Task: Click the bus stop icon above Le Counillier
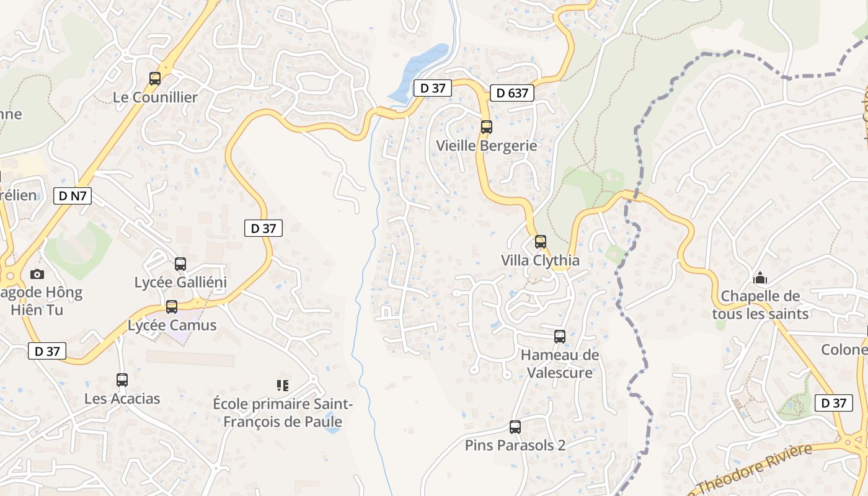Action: point(155,79)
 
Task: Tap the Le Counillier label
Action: point(155,97)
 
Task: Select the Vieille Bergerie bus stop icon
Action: point(487,127)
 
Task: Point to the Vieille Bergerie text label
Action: point(487,146)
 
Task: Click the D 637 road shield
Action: point(512,93)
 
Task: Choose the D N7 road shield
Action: point(73,197)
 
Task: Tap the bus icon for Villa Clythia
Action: point(541,242)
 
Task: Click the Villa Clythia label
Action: point(540,260)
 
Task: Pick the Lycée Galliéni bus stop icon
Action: point(180,263)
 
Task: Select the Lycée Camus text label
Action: point(172,325)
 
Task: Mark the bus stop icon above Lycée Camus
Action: point(172,306)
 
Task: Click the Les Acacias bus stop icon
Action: point(122,380)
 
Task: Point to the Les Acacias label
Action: point(122,399)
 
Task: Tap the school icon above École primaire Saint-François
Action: point(283,386)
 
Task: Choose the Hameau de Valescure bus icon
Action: point(560,337)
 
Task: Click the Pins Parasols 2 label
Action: point(515,445)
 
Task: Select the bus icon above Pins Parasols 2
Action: point(515,427)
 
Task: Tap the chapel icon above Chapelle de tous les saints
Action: point(760,278)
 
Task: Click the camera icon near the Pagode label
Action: point(37,274)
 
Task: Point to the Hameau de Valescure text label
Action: point(560,364)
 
